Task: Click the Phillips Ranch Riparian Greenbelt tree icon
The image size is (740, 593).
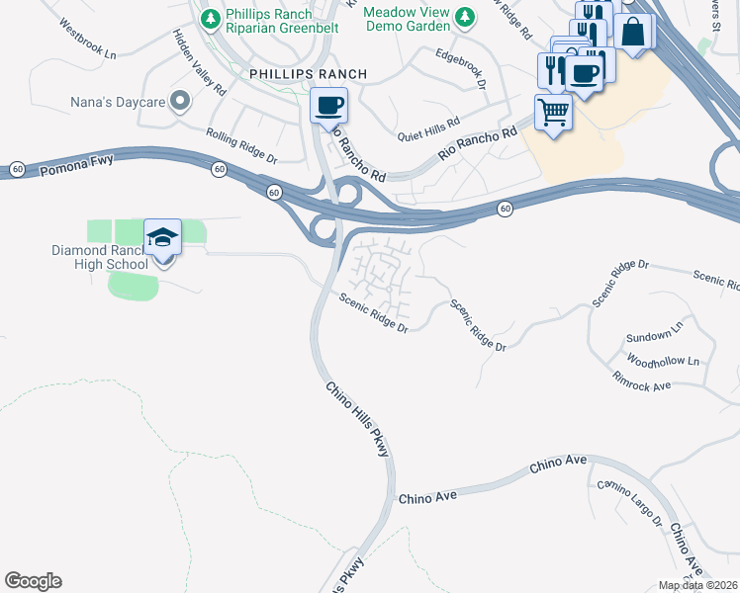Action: click(211, 18)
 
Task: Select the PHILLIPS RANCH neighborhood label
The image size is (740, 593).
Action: click(294, 74)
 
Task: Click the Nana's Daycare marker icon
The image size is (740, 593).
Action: click(180, 101)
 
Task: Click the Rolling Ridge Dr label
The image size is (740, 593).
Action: click(241, 145)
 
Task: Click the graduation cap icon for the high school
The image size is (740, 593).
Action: click(162, 238)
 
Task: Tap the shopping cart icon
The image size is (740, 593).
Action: click(554, 112)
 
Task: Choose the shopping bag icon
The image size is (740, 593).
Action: click(633, 32)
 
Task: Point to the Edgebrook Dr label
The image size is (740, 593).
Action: click(461, 68)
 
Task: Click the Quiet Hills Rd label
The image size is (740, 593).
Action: click(428, 129)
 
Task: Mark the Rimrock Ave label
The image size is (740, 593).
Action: click(641, 381)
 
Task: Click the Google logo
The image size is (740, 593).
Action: click(33, 581)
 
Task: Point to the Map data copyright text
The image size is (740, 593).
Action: click(697, 585)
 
